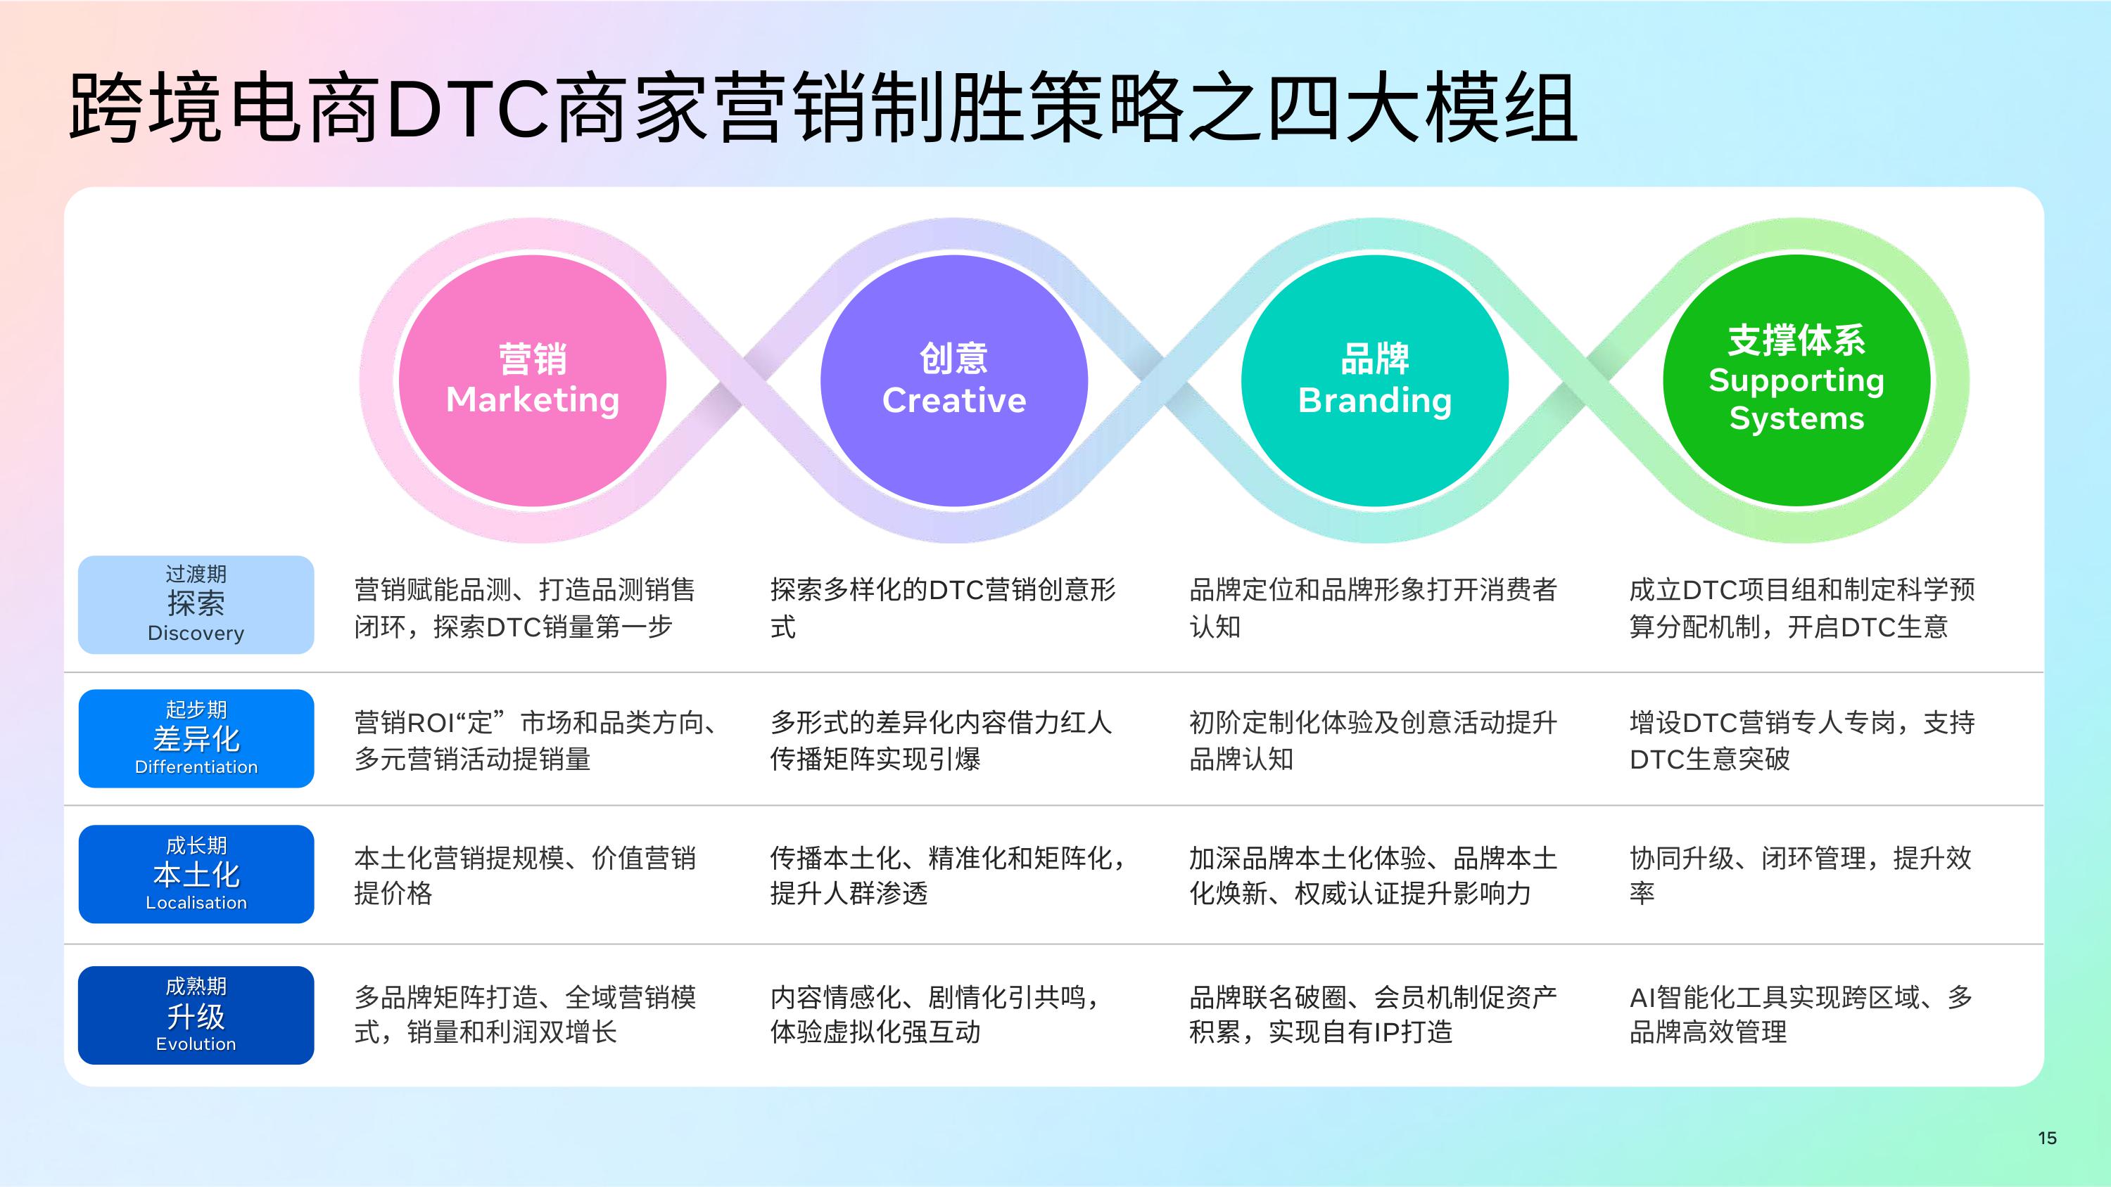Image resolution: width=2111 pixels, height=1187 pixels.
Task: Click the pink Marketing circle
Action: (532, 380)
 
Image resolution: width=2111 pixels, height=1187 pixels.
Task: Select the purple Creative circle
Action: (954, 380)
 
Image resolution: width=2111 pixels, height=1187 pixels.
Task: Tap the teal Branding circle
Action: (1374, 380)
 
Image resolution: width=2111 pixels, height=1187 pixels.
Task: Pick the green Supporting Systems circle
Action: (1796, 380)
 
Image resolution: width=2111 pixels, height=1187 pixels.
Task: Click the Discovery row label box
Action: (196, 605)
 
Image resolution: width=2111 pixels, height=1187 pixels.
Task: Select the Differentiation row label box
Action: (196, 739)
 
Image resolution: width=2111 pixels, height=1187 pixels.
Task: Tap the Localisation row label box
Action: (196, 874)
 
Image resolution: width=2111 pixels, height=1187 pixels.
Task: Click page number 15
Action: (2046, 1138)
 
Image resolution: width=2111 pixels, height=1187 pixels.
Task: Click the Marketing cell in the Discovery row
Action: (524, 608)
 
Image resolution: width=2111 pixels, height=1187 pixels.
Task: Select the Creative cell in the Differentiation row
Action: (941, 740)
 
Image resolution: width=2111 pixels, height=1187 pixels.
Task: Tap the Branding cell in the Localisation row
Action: (1373, 875)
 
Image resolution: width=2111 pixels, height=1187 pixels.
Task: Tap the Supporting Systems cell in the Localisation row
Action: (1799, 875)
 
